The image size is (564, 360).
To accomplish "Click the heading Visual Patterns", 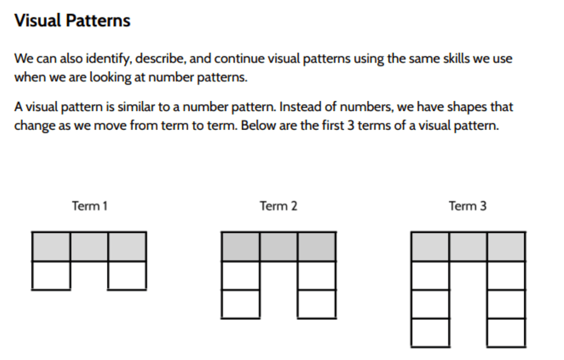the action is tap(73, 21).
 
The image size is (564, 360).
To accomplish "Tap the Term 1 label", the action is tap(89, 206).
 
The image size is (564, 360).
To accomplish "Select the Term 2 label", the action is tap(279, 206).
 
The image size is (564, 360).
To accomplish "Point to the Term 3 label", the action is tap(467, 206).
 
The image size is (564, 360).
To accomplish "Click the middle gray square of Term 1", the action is tap(89, 247).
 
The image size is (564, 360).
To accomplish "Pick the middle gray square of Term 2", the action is tap(279, 247).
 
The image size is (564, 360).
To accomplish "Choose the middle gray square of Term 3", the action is tap(468, 247).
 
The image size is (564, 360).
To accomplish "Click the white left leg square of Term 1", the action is tap(51, 276).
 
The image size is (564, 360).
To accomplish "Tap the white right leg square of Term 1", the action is tap(127, 276).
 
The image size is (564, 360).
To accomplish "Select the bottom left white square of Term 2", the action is tap(241, 304).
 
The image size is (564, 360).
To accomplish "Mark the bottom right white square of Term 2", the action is tap(317, 304).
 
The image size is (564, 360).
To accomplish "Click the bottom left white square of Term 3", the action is tap(430, 332).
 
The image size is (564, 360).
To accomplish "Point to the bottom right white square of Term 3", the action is tap(506, 332).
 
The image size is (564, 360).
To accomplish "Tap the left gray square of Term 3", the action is tap(430, 247).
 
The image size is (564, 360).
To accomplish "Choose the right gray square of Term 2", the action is tap(317, 247).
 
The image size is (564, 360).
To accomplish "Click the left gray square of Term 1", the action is tap(51, 247).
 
